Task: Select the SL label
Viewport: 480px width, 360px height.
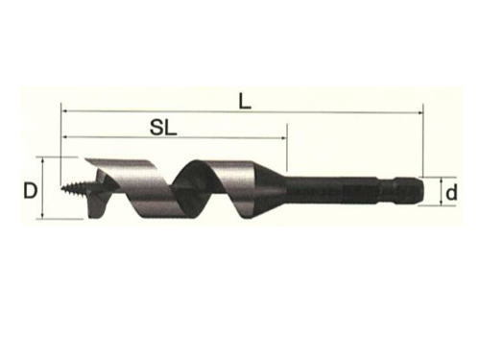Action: (163, 128)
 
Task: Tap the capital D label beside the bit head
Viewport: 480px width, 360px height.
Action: (31, 191)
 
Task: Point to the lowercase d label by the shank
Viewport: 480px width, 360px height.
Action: (451, 192)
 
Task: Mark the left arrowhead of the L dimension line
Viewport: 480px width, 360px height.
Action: (64, 111)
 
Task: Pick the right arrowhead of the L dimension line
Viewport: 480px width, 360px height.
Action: (420, 112)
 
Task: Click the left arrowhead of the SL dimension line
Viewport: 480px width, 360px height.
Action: (64, 137)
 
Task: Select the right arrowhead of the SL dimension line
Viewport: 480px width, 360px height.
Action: (283, 138)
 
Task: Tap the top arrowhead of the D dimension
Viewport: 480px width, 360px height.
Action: (42, 160)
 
